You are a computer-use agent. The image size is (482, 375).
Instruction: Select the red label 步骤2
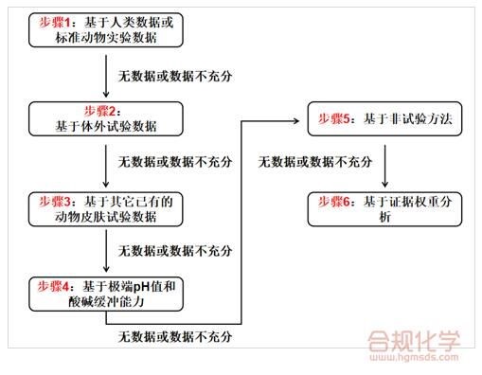point(99,111)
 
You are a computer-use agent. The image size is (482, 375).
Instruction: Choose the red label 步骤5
point(334,119)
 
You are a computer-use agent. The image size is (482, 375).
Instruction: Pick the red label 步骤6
point(334,202)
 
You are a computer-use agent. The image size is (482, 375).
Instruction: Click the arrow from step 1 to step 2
point(106,76)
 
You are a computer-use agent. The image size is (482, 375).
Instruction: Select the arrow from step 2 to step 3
point(106,166)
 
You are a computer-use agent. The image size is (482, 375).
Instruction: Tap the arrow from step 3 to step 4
point(106,251)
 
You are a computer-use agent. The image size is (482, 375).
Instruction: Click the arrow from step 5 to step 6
point(384,166)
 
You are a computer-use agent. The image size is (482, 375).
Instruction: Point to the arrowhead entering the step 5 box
point(296,120)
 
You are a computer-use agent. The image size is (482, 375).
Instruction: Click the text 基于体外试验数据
point(106,126)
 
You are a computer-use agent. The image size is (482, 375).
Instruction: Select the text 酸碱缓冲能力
point(106,302)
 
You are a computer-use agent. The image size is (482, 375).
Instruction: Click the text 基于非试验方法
point(408,119)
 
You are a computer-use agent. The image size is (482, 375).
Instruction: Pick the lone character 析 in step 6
point(384,217)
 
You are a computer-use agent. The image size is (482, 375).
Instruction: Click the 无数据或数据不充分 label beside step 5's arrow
point(315,162)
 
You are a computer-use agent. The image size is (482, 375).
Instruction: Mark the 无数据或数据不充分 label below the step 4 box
point(175,337)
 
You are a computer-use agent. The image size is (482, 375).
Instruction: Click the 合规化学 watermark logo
point(414,341)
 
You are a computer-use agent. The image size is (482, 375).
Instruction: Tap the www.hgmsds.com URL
point(414,358)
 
